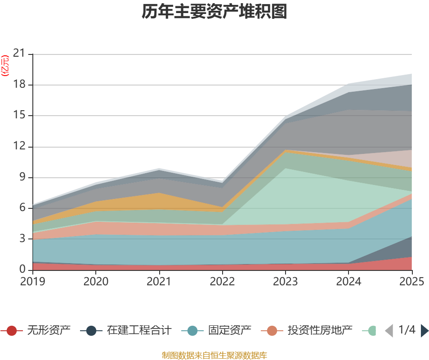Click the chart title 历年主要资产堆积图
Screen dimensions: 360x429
tap(214, 12)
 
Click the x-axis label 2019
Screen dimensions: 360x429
tap(32, 281)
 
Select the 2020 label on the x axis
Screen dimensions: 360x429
tap(96, 281)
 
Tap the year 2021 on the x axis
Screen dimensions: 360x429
tap(159, 281)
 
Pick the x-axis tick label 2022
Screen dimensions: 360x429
tap(222, 281)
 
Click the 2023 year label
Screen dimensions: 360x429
tap(286, 281)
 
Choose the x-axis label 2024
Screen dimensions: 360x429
tap(349, 281)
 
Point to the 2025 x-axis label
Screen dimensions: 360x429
tap(411, 281)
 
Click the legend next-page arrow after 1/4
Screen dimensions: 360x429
tap(425, 331)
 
